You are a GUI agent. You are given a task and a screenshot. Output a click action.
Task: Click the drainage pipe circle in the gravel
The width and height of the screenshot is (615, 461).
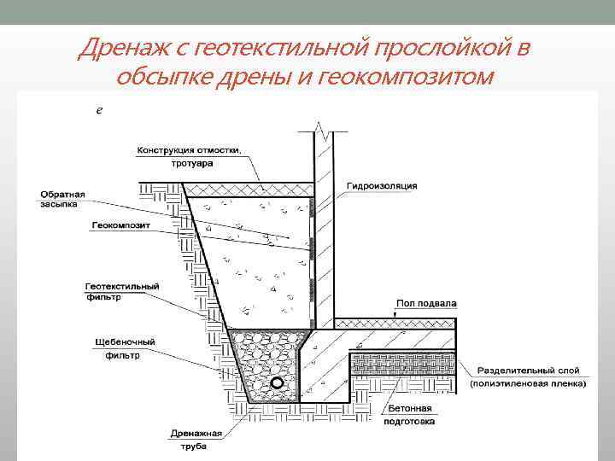(x=278, y=382)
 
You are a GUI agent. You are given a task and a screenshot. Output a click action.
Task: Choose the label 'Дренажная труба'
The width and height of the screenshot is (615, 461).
(x=196, y=439)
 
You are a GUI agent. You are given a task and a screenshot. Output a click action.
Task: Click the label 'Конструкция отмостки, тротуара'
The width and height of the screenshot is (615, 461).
(x=190, y=156)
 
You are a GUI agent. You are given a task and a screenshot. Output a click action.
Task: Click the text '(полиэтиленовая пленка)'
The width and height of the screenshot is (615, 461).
(x=527, y=384)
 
